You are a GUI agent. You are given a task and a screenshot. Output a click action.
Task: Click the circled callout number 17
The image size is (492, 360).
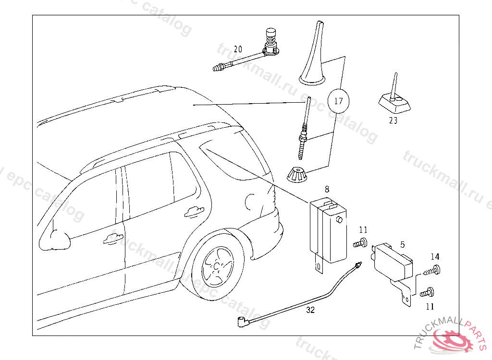[339, 101]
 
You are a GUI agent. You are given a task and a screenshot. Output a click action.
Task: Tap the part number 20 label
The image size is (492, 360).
[238, 49]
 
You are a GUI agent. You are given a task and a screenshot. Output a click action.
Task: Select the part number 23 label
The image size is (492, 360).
[393, 121]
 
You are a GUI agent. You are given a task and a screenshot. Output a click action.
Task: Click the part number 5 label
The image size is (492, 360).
[403, 245]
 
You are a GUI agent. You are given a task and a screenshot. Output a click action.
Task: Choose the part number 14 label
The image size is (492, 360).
[435, 257]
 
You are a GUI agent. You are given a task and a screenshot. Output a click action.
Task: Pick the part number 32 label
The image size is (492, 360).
[310, 310]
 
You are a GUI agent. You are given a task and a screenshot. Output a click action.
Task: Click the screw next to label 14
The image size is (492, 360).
[432, 271]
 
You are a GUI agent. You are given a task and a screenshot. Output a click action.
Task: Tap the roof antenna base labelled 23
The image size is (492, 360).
[393, 101]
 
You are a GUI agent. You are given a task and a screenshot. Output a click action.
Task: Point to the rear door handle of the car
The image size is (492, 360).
[194, 211]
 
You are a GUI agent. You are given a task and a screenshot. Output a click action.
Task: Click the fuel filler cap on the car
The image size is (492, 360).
[251, 202]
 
